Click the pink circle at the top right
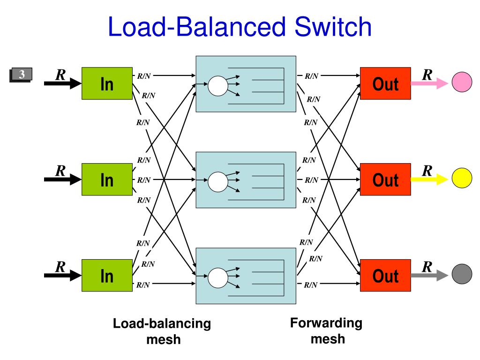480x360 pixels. point(462,82)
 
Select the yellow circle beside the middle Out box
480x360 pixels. point(462,178)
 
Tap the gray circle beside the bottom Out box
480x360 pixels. point(462,274)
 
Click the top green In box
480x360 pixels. point(107,83)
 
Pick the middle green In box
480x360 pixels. point(107,180)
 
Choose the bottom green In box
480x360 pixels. point(107,275)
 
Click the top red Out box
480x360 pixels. point(385,83)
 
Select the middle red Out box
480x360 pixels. point(385,180)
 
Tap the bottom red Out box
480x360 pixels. point(385,275)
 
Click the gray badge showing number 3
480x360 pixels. point(21,75)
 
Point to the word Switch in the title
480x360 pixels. point(333,27)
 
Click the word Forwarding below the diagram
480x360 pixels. point(326,323)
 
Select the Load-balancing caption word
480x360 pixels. point(162,323)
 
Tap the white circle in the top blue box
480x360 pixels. point(218,86)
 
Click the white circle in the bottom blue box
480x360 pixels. point(218,278)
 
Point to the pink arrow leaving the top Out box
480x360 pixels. point(429,83)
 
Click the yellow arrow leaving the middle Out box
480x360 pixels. point(429,179)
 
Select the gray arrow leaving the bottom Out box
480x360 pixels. point(429,275)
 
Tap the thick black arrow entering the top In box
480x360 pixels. point(63,83)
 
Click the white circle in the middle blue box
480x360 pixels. point(218,182)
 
